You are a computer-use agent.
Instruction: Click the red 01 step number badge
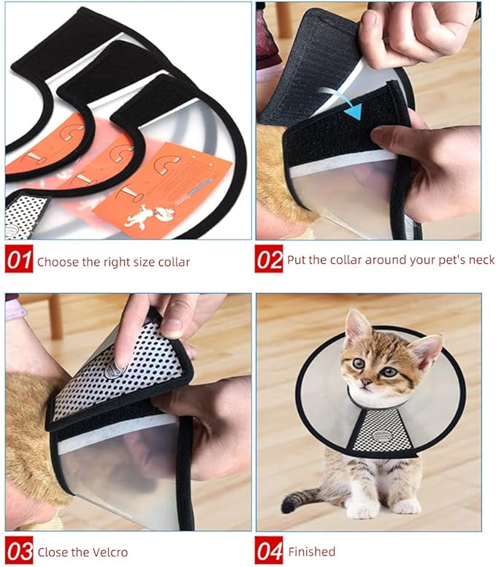[x=19, y=261]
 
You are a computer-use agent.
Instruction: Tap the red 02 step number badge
[x=269, y=259]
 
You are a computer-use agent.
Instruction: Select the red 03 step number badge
[x=19, y=552]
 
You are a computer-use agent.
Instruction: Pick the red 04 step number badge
[x=269, y=552]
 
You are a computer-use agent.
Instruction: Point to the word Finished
[x=312, y=552]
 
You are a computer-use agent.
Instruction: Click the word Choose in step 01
[x=56, y=262]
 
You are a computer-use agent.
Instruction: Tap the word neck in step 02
[x=481, y=260]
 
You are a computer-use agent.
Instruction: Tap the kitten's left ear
[x=356, y=324]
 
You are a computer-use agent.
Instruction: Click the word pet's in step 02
[x=446, y=260]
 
